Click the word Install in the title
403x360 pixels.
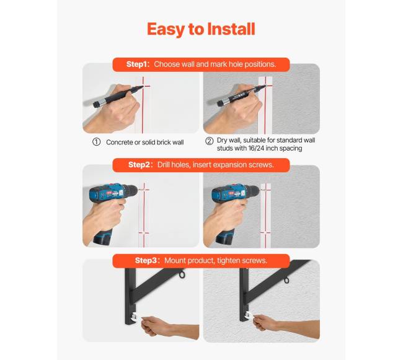pyautogui.click(x=231, y=29)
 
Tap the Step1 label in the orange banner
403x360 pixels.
pyautogui.click(x=137, y=64)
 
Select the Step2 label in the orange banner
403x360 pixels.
pyautogui.click(x=139, y=165)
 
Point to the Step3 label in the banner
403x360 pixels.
pyautogui.click(x=146, y=261)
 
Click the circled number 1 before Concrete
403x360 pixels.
pyautogui.click(x=96, y=142)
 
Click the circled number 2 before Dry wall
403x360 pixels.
pyautogui.click(x=209, y=141)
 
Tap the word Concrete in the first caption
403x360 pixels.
pyautogui.click(x=119, y=143)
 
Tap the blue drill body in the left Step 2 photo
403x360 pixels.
pyautogui.click(x=113, y=191)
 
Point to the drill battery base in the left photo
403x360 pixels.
pyautogui.click(x=103, y=237)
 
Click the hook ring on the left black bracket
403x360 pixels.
pyautogui.click(x=182, y=274)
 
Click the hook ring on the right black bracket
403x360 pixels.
pyautogui.click(x=286, y=279)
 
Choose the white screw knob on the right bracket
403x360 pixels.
pyautogui.click(x=249, y=315)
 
